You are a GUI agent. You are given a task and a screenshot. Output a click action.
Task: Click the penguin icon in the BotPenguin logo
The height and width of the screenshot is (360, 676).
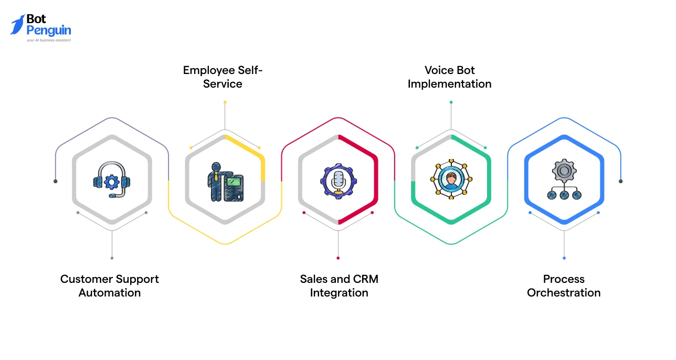pos(18,25)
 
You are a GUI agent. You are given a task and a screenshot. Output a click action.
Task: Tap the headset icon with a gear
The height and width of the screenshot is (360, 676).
pos(112,179)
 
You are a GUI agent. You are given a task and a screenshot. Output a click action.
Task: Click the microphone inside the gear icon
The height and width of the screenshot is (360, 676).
pos(339,181)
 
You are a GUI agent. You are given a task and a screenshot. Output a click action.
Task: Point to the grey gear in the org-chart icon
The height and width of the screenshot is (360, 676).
pos(564,171)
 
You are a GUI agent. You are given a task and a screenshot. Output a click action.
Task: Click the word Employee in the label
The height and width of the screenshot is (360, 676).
pos(209,71)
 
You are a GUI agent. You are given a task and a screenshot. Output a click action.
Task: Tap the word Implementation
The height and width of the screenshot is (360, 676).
pos(450,84)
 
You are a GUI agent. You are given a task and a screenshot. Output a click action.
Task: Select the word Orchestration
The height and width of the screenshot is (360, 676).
pos(564,293)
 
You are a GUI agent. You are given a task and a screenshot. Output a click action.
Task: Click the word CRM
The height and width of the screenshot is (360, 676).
pos(365,279)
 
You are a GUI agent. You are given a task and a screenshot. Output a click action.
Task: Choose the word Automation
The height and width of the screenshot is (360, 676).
pos(110,293)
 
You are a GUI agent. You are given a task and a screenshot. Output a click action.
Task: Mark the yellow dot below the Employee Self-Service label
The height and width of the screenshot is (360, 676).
pos(225,102)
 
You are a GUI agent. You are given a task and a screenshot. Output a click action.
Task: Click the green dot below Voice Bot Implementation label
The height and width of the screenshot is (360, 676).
pos(451,102)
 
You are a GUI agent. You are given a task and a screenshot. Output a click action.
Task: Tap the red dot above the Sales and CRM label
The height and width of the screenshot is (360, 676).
pos(338,258)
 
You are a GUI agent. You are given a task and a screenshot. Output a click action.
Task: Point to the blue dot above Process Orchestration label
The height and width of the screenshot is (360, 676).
pos(564,258)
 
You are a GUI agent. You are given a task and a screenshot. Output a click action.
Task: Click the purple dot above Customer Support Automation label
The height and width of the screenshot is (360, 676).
pos(112,258)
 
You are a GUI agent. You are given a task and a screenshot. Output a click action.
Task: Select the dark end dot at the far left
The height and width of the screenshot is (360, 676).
pos(56,182)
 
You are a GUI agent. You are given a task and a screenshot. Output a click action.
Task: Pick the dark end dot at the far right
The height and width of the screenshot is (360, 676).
pos(620,182)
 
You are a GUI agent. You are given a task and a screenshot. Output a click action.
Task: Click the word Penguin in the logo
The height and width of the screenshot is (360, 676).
pos(49,31)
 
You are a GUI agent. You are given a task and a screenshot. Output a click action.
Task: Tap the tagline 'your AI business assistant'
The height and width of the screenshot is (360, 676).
pos(49,40)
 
